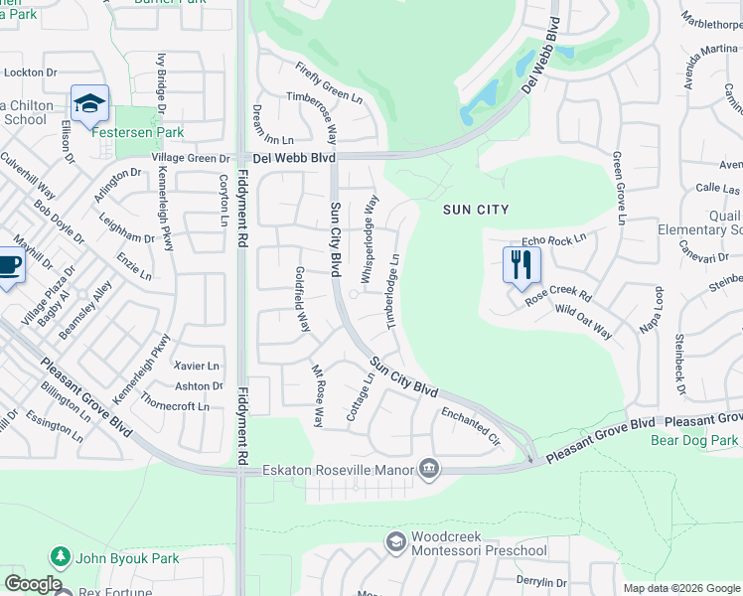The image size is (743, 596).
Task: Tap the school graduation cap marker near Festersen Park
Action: tap(89, 102)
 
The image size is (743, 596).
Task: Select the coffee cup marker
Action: tap(8, 267)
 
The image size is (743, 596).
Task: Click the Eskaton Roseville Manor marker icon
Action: tap(429, 468)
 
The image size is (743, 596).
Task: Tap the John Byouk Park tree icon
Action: tap(61, 557)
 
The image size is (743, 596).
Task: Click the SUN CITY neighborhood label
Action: tap(477, 209)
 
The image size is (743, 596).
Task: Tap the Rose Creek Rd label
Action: tap(558, 296)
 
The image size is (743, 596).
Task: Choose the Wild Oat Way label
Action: tap(583, 322)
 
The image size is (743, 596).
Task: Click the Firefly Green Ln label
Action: tap(329, 82)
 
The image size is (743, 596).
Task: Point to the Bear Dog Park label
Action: tap(694, 440)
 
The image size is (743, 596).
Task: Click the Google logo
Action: tap(33, 584)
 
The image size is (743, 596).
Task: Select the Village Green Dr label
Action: tap(191, 159)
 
